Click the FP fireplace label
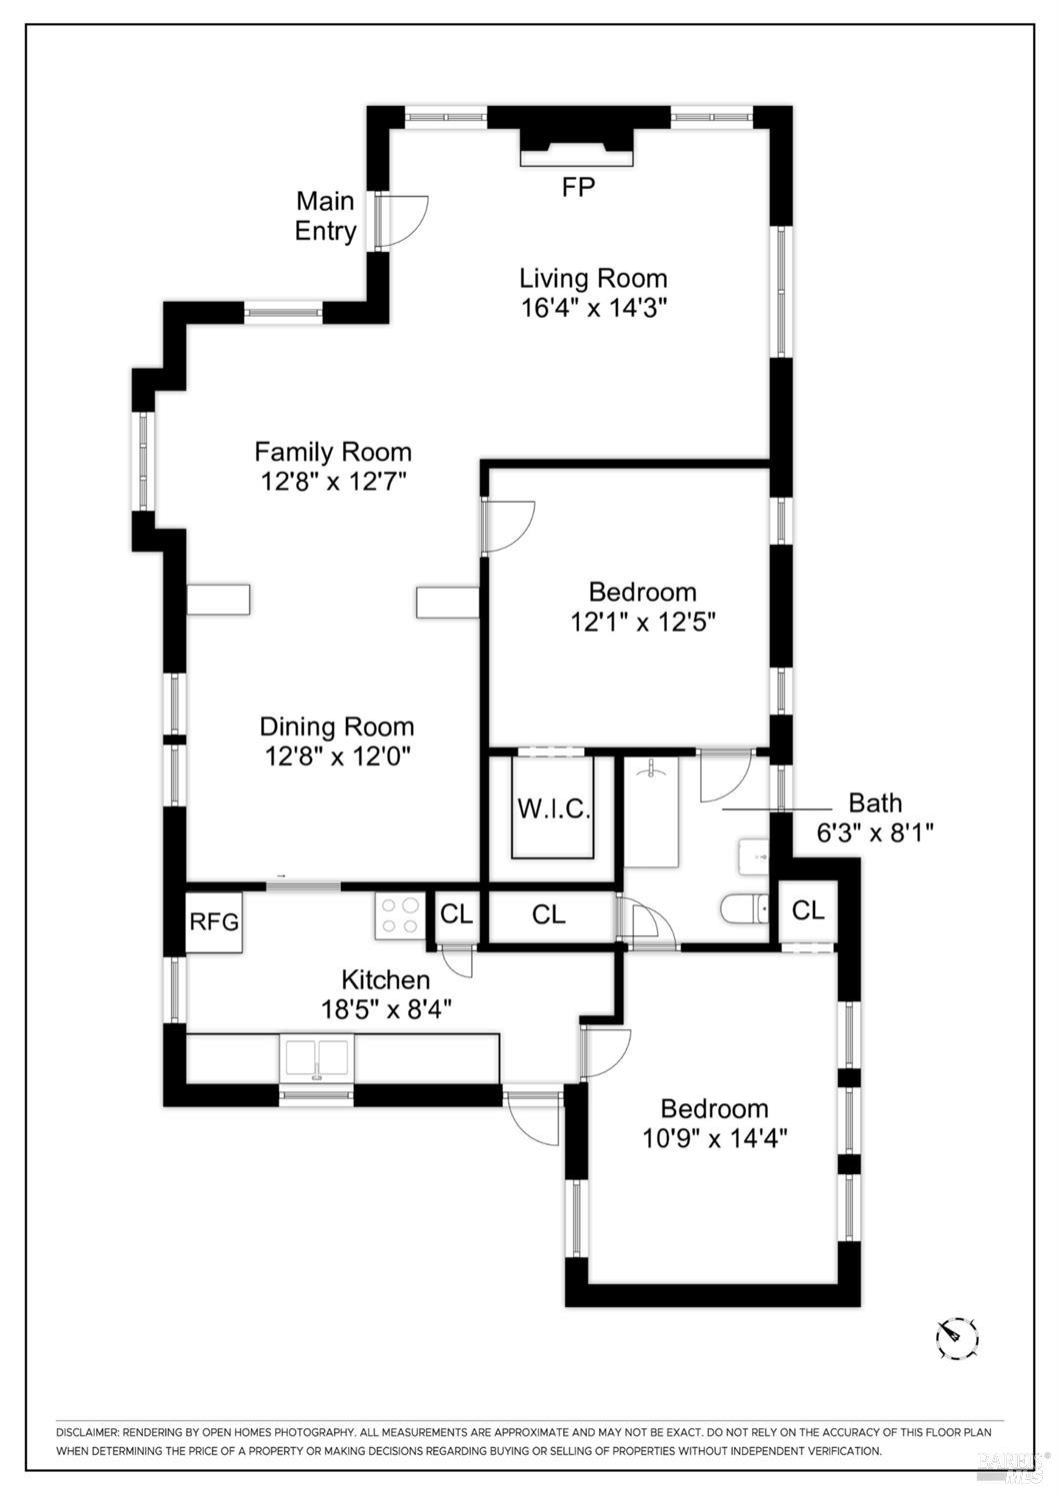point(578,187)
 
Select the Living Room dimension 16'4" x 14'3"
point(594,308)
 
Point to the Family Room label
point(333,452)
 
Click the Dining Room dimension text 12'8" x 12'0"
point(337,756)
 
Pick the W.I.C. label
point(554,809)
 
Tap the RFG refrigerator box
point(214,922)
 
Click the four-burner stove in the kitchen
point(399,915)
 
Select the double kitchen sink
point(317,1056)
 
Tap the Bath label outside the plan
point(875,801)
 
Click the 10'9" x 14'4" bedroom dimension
point(714,1137)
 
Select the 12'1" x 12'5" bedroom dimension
point(643,623)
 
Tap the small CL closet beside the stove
point(457,913)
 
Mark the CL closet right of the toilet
point(808,909)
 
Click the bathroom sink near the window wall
point(754,855)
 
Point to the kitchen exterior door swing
point(532,1120)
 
